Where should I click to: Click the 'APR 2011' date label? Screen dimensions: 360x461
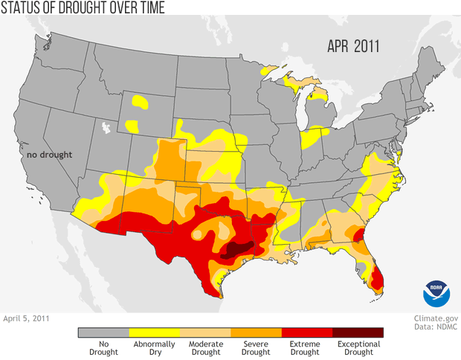click(x=353, y=45)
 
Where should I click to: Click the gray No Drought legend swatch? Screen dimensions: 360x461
click(x=103, y=332)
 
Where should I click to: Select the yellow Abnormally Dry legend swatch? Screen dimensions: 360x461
click(x=155, y=332)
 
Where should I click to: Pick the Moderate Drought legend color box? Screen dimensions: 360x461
click(x=205, y=332)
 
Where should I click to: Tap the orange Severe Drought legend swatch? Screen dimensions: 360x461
click(x=257, y=332)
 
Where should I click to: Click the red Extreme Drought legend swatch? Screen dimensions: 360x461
click(x=307, y=332)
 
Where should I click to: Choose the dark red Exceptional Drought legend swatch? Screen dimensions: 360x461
click(x=358, y=332)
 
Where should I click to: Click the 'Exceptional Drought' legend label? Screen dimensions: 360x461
click(x=358, y=347)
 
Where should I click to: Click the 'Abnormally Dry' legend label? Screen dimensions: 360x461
click(x=155, y=347)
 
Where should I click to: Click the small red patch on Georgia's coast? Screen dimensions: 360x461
click(x=358, y=237)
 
